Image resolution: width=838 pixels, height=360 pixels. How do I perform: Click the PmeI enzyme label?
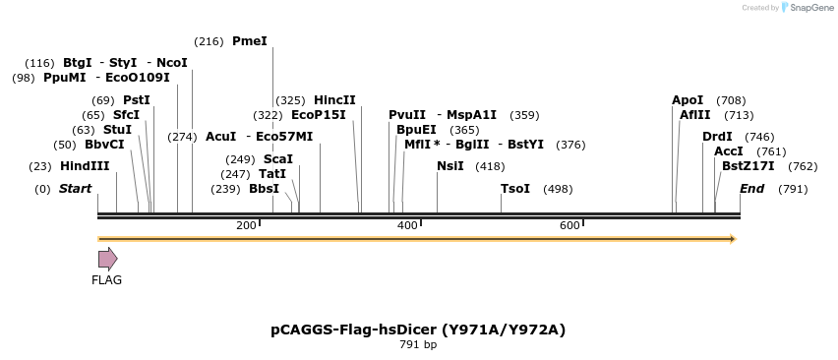tap(249, 41)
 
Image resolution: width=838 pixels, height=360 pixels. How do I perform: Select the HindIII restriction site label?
tap(85, 166)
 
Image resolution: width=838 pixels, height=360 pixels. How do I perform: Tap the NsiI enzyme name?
tap(449, 166)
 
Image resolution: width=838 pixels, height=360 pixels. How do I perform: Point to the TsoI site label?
tap(515, 189)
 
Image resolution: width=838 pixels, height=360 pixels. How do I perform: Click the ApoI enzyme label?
tap(688, 100)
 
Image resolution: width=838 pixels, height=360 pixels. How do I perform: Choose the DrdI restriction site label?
tap(717, 137)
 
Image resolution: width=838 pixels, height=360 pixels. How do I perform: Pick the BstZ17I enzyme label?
tap(748, 166)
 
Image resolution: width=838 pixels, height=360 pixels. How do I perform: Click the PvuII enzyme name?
tap(407, 115)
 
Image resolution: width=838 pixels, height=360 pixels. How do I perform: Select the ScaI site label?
tap(277, 159)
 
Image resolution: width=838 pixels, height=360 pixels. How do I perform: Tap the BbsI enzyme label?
tap(264, 189)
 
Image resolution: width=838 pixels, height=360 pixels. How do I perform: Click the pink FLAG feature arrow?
tap(107, 259)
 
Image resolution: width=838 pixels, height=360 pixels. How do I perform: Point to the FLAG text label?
tap(106, 280)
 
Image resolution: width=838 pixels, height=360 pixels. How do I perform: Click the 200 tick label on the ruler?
tap(246, 226)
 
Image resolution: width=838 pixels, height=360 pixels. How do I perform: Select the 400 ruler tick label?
tap(407, 226)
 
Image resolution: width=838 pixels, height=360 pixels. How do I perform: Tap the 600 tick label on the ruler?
tap(569, 226)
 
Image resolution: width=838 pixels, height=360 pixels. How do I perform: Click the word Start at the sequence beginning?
tap(75, 189)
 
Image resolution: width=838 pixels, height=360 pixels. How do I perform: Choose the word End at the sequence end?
tap(751, 189)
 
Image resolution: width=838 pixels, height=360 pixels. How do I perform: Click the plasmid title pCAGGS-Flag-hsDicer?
tap(418, 330)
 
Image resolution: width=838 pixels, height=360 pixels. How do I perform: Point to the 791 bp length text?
tap(418, 345)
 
